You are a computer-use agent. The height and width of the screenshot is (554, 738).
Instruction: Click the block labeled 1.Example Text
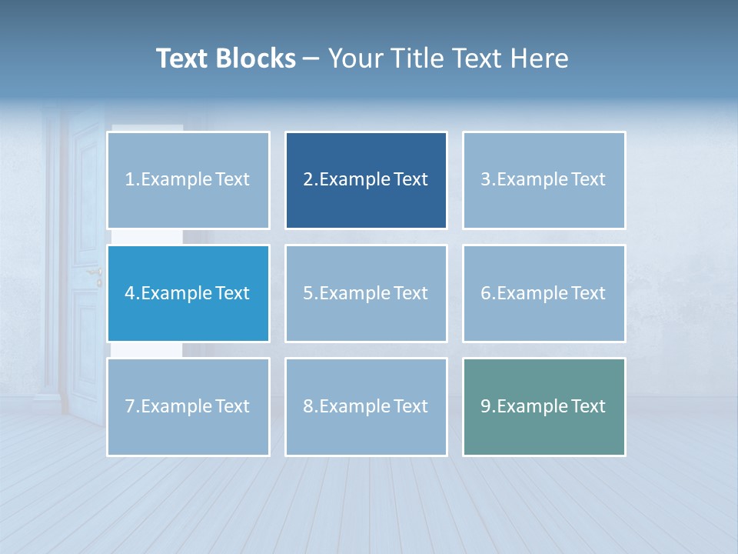[x=188, y=180]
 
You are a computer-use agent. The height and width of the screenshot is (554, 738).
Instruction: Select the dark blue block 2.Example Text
[x=366, y=180]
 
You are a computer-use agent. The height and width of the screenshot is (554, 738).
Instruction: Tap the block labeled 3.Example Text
[x=544, y=180]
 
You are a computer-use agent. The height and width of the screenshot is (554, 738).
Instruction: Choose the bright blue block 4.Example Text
[x=188, y=293]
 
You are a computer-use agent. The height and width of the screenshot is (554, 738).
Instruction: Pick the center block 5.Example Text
[x=366, y=293]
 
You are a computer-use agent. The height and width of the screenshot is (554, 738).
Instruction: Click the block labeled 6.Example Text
[x=544, y=293]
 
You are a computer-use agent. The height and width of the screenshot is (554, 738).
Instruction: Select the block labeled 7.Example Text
[x=188, y=406]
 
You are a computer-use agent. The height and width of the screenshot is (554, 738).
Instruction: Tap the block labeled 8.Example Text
[x=366, y=406]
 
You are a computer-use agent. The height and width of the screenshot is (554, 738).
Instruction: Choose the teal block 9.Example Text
[x=544, y=406]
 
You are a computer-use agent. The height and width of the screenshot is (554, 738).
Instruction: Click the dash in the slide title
[x=311, y=58]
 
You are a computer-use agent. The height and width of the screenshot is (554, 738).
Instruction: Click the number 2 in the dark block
[x=308, y=180]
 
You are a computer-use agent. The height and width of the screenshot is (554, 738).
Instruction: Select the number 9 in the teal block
[x=486, y=406]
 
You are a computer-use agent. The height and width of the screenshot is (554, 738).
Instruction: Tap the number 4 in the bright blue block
[x=130, y=293]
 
